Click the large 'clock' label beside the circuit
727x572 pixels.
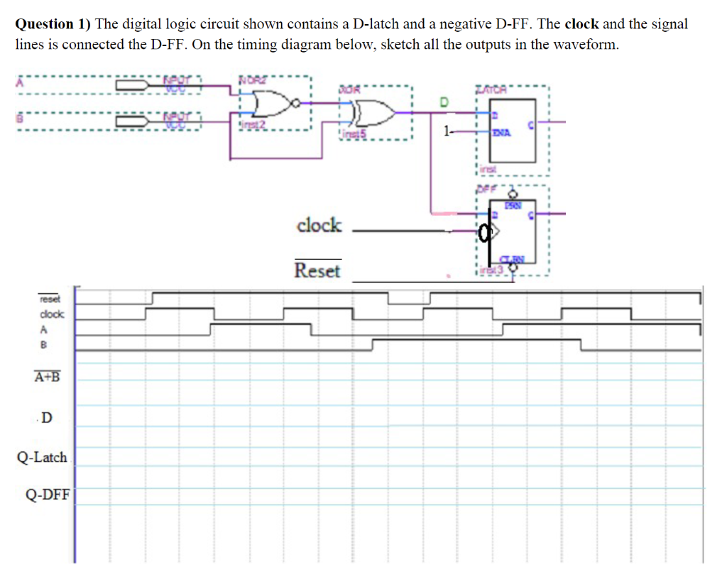(319, 226)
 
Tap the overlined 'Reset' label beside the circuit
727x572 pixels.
(317, 270)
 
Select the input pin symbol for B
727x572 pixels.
(132, 121)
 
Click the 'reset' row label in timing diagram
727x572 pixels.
(50, 299)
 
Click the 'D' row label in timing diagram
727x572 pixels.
(46, 418)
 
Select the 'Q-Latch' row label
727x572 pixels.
(42, 458)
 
